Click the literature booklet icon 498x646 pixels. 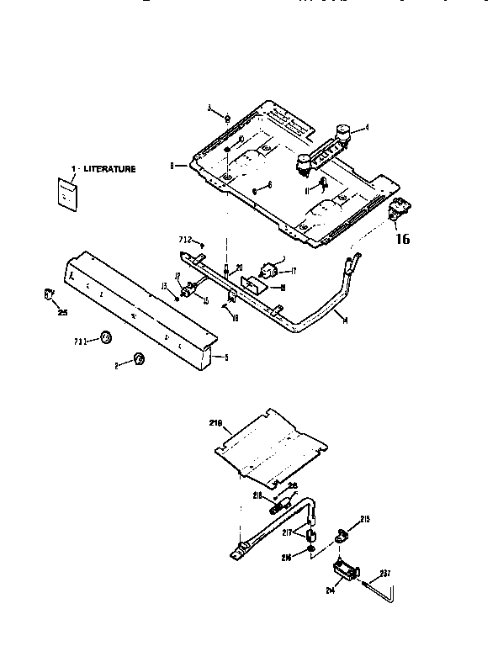pyautogui.click(x=67, y=192)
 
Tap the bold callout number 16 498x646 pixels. pyautogui.click(x=402, y=239)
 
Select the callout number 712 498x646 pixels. pyautogui.click(x=188, y=240)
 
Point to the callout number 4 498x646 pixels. pyautogui.click(x=367, y=129)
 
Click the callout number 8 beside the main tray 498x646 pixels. pyautogui.click(x=172, y=167)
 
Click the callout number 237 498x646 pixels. pyautogui.click(x=384, y=575)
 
